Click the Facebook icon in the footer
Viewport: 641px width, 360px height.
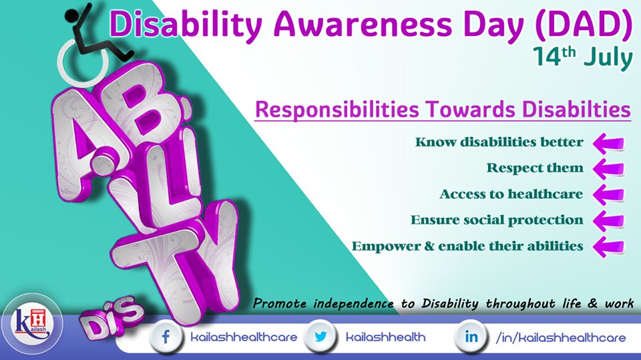point(166,337)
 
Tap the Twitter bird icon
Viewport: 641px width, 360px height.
point(320,337)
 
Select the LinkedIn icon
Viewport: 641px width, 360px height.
point(471,337)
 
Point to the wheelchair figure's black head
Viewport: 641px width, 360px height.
point(72,15)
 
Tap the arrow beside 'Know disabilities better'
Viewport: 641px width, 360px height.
point(608,143)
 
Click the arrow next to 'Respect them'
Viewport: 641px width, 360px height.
point(608,169)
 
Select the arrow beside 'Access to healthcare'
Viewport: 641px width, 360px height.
point(608,195)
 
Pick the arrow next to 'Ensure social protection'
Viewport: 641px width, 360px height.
point(608,221)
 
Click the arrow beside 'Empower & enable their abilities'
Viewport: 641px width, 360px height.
point(608,246)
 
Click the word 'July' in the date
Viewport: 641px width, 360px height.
point(608,58)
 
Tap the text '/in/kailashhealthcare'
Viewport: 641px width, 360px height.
point(560,337)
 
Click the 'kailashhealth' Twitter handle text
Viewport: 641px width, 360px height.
point(385,337)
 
